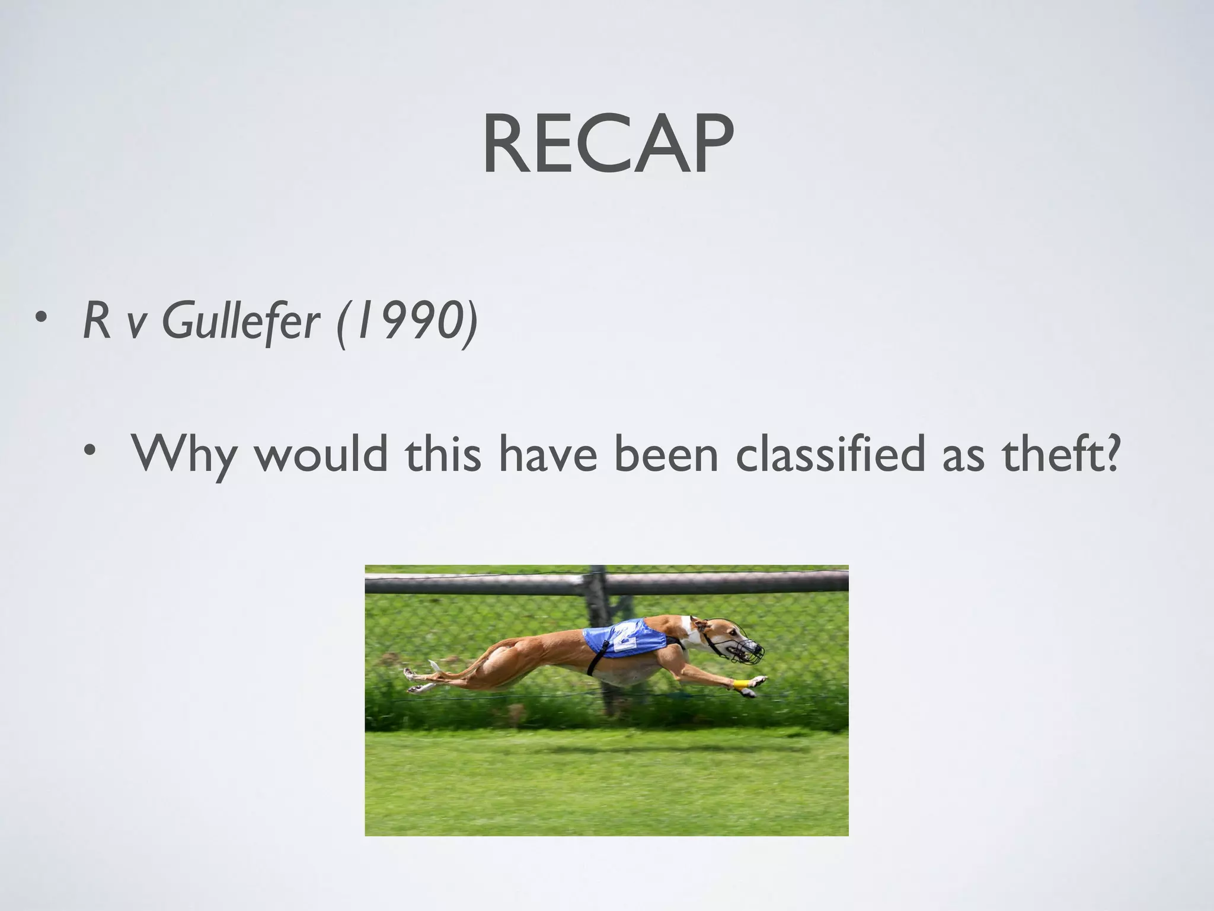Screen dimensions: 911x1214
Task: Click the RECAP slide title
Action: [x=607, y=145]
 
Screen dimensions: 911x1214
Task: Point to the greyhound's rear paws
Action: [x=415, y=680]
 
